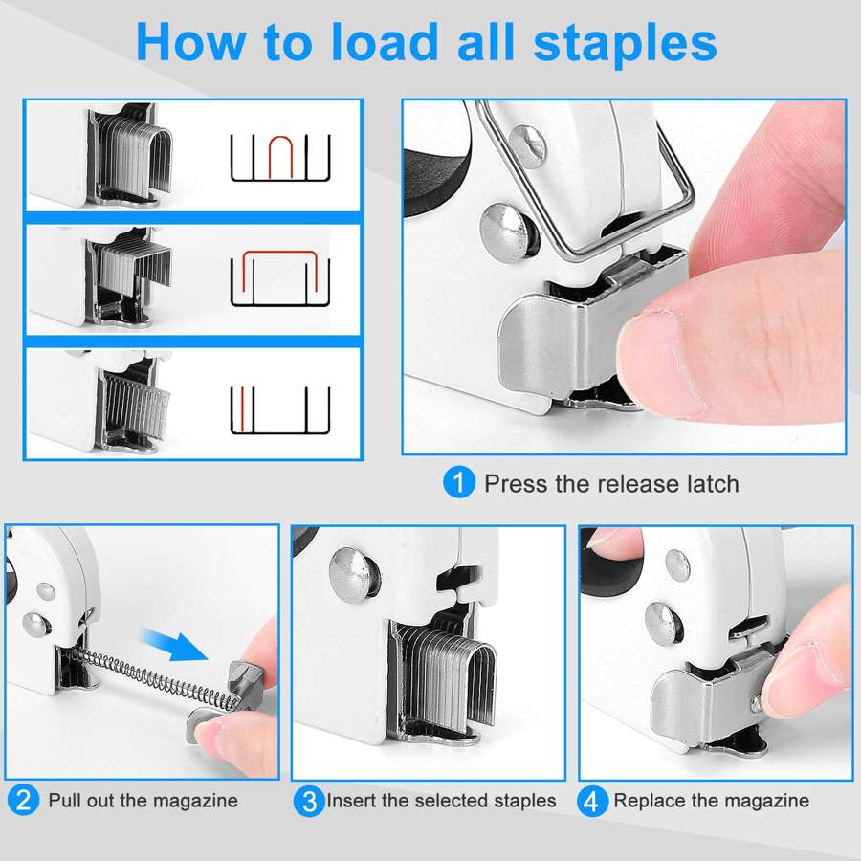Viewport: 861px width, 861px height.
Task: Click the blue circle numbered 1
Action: (x=458, y=483)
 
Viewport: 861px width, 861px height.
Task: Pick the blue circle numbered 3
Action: (x=308, y=800)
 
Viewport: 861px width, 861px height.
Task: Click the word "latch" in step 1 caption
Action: (x=709, y=483)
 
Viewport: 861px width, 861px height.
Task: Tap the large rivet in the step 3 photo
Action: (x=353, y=573)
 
